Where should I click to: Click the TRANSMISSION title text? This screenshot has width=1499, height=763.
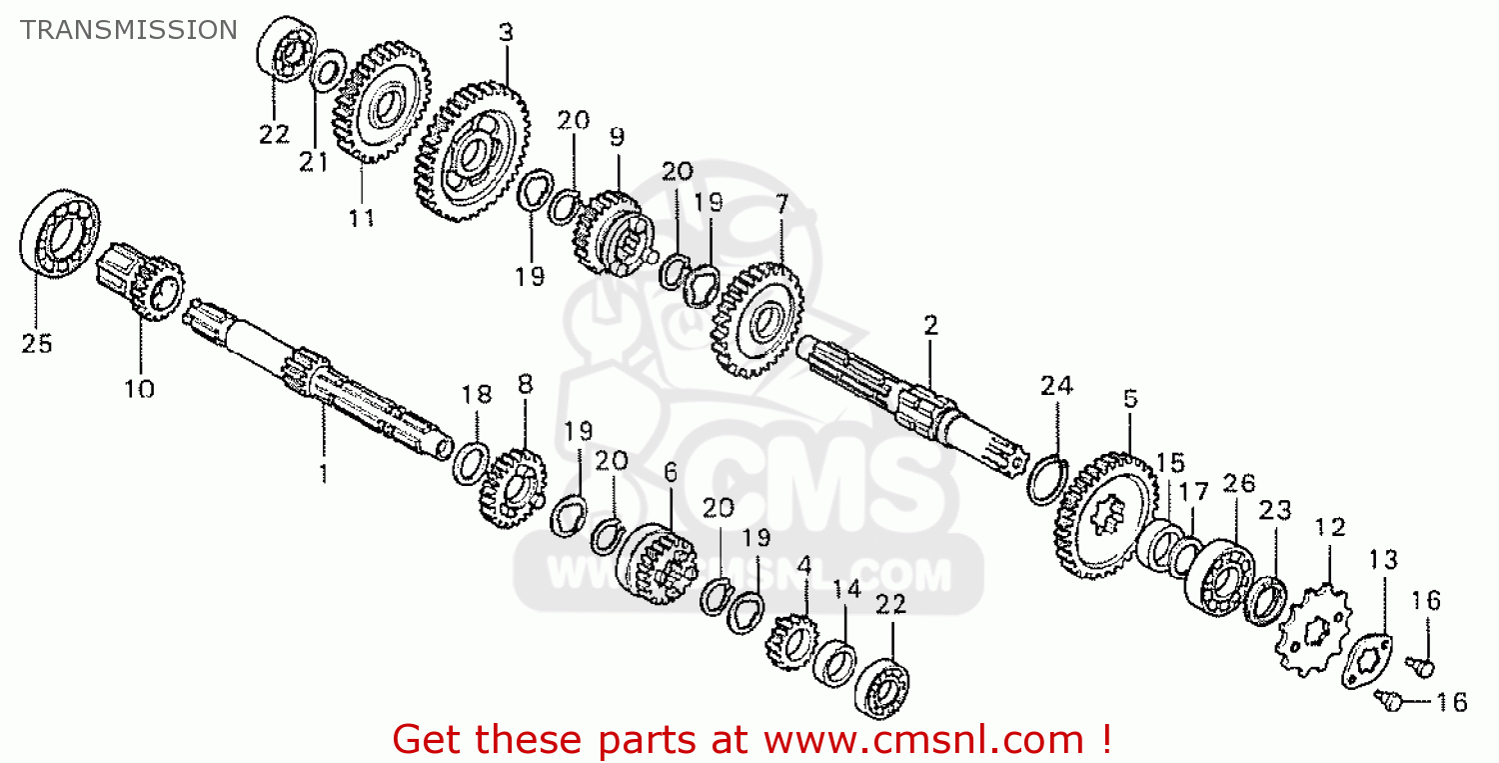coord(129,30)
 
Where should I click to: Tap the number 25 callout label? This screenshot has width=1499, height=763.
coord(37,344)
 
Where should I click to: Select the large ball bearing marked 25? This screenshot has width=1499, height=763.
coord(60,232)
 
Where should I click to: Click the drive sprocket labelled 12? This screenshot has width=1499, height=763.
coord(1314,630)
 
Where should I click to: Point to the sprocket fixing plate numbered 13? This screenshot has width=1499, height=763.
coord(1366,661)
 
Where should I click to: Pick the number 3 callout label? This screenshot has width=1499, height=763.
coord(506,32)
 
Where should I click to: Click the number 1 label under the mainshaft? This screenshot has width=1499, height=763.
coord(324,474)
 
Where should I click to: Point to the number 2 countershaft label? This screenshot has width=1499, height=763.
coord(930,326)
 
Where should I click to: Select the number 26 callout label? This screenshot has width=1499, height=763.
coord(1239,484)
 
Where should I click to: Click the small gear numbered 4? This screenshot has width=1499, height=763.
coord(792,642)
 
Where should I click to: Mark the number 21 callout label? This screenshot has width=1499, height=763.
coord(313,162)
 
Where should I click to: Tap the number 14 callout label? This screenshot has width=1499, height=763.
coord(846,589)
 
